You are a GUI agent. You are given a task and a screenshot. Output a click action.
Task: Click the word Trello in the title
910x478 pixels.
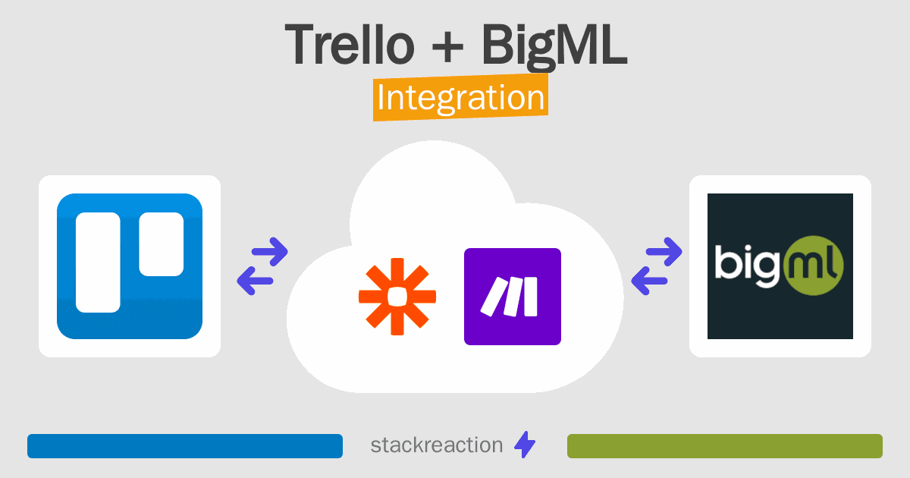(350, 44)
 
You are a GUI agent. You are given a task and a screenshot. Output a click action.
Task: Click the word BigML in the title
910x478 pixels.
(554, 44)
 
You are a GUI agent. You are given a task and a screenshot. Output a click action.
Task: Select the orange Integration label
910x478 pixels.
(460, 99)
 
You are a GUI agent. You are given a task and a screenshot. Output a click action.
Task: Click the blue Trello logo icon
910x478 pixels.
(130, 266)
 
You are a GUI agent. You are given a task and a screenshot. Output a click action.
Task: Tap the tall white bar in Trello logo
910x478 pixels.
(98, 263)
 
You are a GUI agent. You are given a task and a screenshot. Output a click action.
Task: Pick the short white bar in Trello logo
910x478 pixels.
(161, 244)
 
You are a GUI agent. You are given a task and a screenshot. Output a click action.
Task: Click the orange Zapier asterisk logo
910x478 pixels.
(397, 297)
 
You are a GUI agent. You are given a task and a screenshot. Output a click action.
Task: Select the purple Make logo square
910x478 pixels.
(512, 297)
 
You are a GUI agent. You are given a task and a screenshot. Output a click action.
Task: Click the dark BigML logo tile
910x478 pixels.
(780, 266)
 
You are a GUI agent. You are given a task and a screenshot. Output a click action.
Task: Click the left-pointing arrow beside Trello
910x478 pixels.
(255, 281)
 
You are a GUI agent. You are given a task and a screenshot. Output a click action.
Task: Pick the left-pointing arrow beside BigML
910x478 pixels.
(649, 281)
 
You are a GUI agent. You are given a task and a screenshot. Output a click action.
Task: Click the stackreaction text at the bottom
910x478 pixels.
(436, 445)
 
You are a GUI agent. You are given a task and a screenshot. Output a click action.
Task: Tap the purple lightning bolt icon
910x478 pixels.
(524, 445)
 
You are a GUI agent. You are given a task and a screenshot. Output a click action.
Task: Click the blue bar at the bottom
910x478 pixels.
(185, 446)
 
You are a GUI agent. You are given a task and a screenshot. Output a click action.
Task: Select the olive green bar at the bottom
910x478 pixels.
(724, 446)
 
